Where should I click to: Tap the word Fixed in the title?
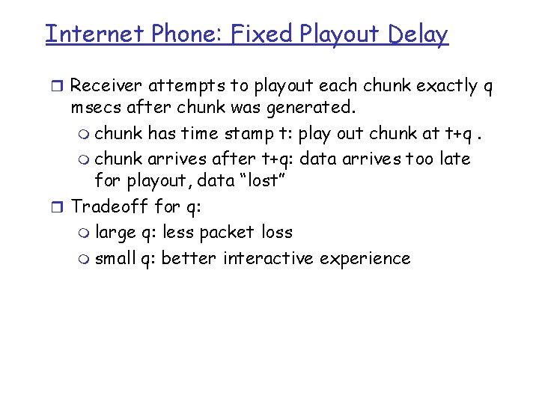(x=256, y=34)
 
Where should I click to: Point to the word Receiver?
(x=112, y=86)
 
